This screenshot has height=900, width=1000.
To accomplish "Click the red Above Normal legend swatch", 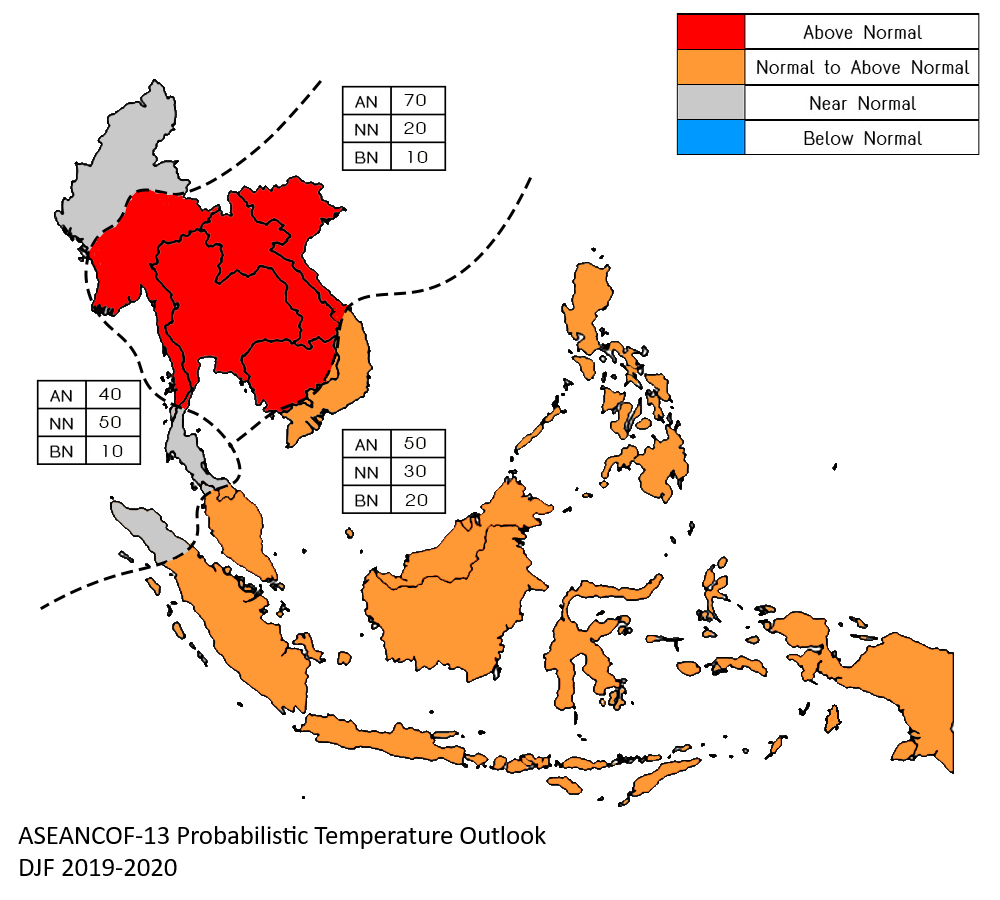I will [x=710, y=32].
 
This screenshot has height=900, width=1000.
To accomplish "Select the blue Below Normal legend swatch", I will [x=710, y=138].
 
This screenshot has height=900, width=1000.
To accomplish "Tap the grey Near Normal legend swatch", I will [x=710, y=103].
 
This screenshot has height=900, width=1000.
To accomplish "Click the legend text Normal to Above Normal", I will [x=862, y=68].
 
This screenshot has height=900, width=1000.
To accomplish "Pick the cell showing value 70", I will [x=417, y=101].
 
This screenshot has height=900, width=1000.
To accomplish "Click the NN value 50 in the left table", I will [x=112, y=422].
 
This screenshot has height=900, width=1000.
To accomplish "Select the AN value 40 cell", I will [x=112, y=394].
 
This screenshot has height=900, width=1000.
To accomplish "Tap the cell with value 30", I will [x=417, y=471].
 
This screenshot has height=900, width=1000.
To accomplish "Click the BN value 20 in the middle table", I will [x=417, y=499].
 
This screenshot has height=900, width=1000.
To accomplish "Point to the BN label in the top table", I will [x=366, y=156].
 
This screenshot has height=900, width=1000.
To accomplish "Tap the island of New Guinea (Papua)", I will [x=900, y=690].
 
